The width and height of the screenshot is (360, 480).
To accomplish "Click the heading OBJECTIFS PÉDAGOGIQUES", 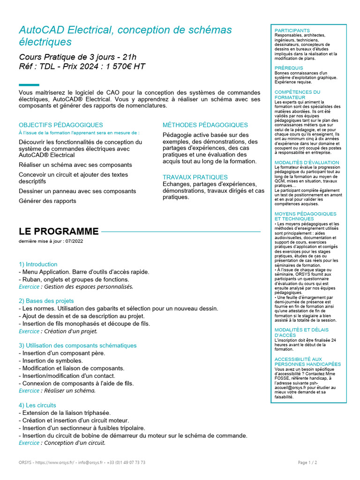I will [61, 125].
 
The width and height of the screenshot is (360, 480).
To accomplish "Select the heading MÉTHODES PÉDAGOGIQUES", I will [205, 125].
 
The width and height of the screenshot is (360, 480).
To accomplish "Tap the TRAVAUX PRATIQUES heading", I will [195, 177].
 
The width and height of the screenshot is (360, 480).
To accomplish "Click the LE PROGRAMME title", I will [59, 232].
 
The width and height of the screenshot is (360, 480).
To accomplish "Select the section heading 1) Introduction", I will [38, 264].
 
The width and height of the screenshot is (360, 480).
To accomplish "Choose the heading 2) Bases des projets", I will [46, 301].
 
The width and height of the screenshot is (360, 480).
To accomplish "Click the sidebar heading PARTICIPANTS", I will [292, 30].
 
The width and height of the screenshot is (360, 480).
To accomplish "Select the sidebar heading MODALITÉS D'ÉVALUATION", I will [307, 162].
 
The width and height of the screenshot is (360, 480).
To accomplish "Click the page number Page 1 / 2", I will [307, 462].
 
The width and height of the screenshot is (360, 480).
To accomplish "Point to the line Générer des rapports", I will [47, 201].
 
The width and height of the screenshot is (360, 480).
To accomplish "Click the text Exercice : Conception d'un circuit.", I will [62, 442].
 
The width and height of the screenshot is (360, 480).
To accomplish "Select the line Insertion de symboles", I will [51, 361].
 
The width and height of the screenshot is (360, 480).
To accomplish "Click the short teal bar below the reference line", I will [29, 85].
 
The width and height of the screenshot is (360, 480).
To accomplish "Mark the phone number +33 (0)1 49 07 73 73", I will [127, 462].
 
